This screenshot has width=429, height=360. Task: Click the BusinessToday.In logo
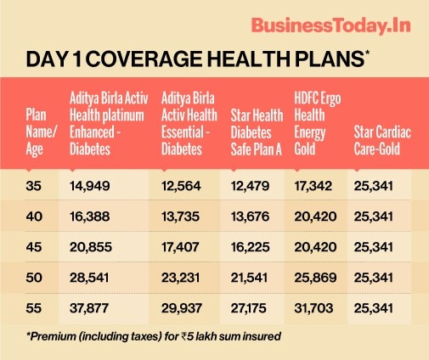[330, 25]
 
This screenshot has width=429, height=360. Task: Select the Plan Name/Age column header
[42, 132]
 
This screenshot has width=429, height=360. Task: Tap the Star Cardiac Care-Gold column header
[382, 141]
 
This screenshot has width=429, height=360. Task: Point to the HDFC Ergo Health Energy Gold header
[318, 124]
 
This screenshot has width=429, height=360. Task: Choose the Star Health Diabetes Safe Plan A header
[257, 132]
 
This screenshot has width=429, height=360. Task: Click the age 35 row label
[34, 186]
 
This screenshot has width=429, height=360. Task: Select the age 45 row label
[34, 247]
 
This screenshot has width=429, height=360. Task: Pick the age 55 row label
[34, 308]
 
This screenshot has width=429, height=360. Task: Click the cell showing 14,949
[90, 186]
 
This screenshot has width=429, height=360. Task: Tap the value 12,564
[181, 186]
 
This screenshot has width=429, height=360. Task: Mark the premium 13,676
[250, 217]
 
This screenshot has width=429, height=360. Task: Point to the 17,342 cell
[313, 186]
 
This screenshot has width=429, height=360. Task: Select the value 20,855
[91, 247]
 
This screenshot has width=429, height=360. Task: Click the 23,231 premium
[181, 278]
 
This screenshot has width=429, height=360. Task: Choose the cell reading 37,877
[89, 308]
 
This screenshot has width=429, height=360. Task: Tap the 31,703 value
[313, 308]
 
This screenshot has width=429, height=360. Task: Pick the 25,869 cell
[315, 278]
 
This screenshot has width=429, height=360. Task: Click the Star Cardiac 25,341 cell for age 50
[374, 278]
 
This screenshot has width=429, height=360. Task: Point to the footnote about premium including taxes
[154, 336]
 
